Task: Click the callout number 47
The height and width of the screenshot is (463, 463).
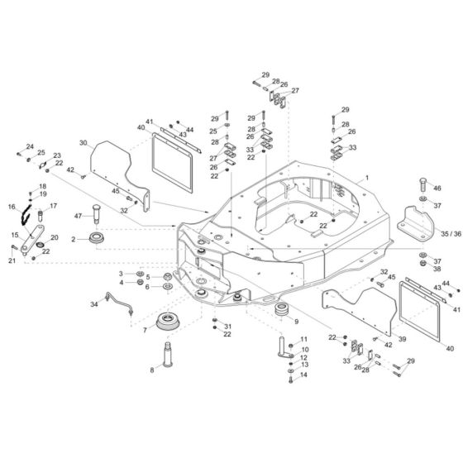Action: tap(78, 216)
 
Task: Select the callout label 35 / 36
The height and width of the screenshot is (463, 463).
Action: tap(451, 234)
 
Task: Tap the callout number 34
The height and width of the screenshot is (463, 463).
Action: tap(94, 304)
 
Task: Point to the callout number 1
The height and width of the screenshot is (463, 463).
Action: tap(367, 178)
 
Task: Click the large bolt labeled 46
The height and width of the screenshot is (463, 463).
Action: tap(422, 184)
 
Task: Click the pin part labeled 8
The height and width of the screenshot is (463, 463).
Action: tap(168, 354)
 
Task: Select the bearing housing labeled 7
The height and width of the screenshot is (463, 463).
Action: tap(167, 321)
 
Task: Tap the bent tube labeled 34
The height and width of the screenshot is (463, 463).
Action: tap(119, 303)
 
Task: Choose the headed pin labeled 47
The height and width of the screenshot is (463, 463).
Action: tap(97, 214)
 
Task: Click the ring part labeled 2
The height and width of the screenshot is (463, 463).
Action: tap(97, 238)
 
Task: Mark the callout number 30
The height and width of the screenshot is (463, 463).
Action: tap(84, 143)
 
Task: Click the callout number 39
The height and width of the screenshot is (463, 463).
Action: tap(402, 339)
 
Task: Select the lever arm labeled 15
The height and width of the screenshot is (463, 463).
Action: tap(32, 240)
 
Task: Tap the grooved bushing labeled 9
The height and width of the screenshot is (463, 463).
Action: tap(283, 309)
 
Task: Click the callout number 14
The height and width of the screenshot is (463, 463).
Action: tap(303, 375)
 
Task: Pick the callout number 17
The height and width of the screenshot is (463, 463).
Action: tap(53, 206)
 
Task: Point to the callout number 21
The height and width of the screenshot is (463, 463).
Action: tap(12, 260)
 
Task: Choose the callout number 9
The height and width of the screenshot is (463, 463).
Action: tap(296, 322)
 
